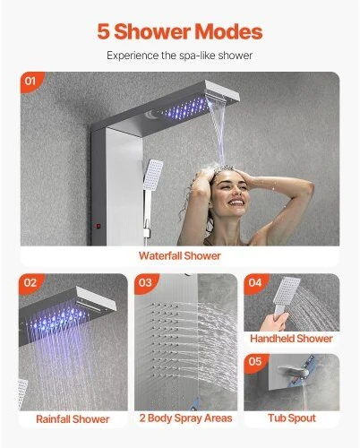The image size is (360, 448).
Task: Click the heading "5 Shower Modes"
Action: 180,31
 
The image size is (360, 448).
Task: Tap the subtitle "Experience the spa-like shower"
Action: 180,56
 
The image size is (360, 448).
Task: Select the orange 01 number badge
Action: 30,82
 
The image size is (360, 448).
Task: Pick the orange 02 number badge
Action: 30,282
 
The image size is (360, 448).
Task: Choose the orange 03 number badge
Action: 145,282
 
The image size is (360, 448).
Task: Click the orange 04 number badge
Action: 255,282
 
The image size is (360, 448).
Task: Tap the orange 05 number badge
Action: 255,362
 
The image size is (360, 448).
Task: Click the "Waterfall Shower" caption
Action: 180,255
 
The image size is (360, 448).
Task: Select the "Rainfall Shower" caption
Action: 73,419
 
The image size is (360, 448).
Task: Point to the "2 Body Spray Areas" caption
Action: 185,418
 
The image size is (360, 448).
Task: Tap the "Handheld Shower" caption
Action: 291,339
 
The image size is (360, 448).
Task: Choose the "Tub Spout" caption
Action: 292,418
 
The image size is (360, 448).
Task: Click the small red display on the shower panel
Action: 98,226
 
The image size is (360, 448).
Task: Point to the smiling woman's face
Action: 229,192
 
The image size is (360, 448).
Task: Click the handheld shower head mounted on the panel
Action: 152,175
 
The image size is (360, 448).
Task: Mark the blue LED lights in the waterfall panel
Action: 186,108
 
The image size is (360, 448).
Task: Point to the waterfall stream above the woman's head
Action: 217,133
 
